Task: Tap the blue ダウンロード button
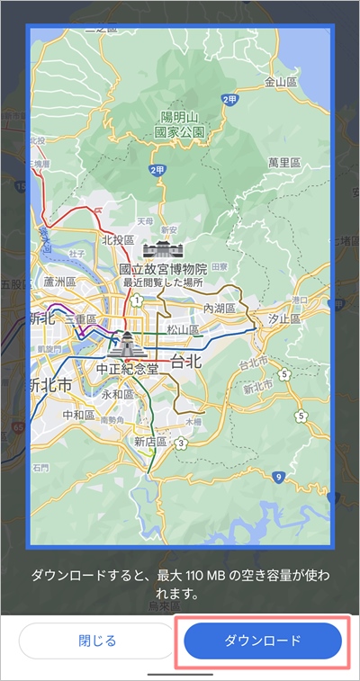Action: (263, 640)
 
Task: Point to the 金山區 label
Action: (280, 82)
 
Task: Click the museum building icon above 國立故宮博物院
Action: (163, 248)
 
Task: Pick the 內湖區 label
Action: (219, 309)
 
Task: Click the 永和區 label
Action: (117, 394)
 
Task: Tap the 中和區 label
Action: (79, 415)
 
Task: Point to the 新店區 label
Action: (150, 442)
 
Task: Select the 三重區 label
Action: (80, 319)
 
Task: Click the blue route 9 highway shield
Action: (279, 476)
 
